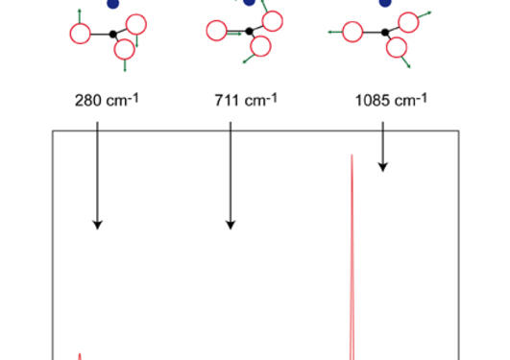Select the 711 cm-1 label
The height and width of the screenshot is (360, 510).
coord(247,100)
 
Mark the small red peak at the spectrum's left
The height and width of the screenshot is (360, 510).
coord(80,353)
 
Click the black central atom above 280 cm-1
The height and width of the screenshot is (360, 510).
coord(113,34)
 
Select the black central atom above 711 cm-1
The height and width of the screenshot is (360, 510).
coord(249,32)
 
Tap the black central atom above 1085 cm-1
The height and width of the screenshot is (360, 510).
coord(385,32)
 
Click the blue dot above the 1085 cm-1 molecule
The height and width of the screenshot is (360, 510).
coord(385,3)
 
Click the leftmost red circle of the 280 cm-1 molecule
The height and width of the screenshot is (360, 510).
coord(80,34)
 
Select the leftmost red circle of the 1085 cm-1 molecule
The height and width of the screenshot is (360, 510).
coord(352,32)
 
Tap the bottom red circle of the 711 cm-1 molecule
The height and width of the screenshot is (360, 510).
coord(260,47)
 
